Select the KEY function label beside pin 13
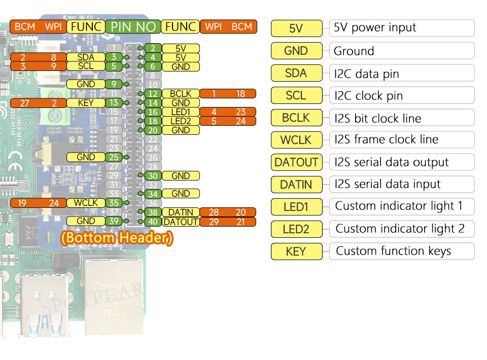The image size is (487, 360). click(x=86, y=103)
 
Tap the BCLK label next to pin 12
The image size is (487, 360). click(x=180, y=94)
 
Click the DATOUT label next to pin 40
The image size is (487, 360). click(x=180, y=222)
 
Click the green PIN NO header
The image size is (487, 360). click(x=133, y=27)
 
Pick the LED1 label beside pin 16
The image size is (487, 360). click(x=180, y=112)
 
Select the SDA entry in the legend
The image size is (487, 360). click(x=296, y=73)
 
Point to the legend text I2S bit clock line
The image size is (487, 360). click(x=378, y=119)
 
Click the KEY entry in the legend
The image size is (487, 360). click(x=296, y=251)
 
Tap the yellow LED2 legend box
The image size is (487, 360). click(x=296, y=229)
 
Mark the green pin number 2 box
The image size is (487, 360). click(x=152, y=49)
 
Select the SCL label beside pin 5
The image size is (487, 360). click(x=86, y=66)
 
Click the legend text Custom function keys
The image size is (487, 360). click(x=394, y=251)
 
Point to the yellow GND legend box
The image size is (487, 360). click(x=296, y=51)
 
